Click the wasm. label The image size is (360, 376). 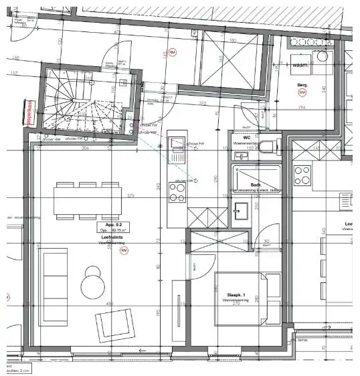click(300, 66)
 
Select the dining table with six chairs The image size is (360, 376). click(88, 200)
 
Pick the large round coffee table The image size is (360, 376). click(94, 286)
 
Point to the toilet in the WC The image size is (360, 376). click(269, 147)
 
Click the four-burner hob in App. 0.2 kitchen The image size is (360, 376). click(177, 192)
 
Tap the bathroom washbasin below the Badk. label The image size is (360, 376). click(241, 213)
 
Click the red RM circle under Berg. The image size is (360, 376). click(302, 92)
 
